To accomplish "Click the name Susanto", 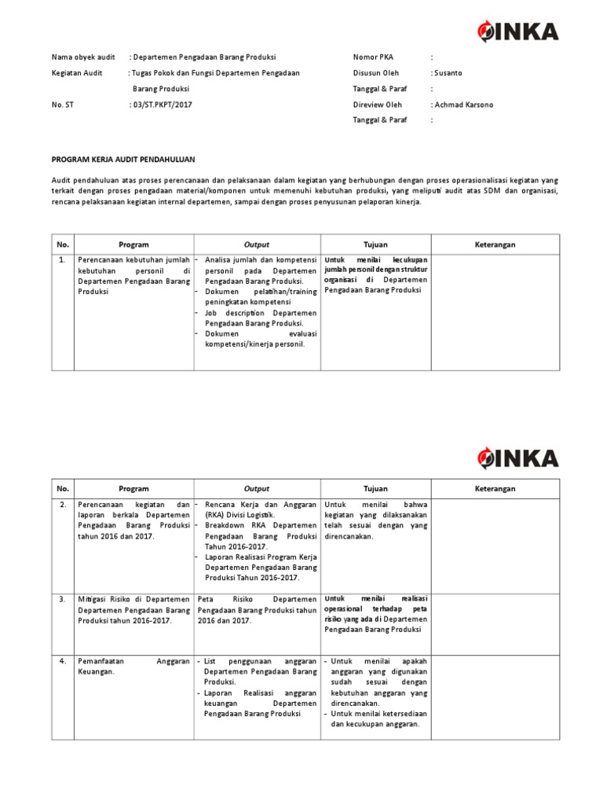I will coord(448,73).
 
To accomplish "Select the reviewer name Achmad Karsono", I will coord(463,105).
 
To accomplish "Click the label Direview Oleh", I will coord(377,105).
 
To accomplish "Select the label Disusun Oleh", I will coord(375,73).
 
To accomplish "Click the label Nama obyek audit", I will coord(83,57).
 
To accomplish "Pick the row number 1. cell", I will coord(63,259).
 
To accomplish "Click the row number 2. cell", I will coord(63,505).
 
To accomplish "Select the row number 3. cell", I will coord(63,599).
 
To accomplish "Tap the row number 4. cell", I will coord(63,662).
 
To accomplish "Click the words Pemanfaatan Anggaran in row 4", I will coord(133,662).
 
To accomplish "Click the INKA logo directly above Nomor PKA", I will coord(517,31).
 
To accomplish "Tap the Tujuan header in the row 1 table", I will coord(375,244).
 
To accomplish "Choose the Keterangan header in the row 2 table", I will coord(495,488).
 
